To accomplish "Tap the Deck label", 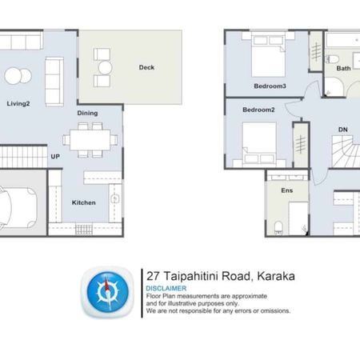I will click(x=146, y=67).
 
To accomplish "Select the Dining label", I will click(x=87, y=113).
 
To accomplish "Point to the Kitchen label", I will click(x=84, y=202).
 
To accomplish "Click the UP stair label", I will click(x=56, y=156).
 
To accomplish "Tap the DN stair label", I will click(x=343, y=130).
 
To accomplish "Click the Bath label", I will click(x=343, y=69).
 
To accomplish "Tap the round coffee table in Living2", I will click(x=14, y=77).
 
